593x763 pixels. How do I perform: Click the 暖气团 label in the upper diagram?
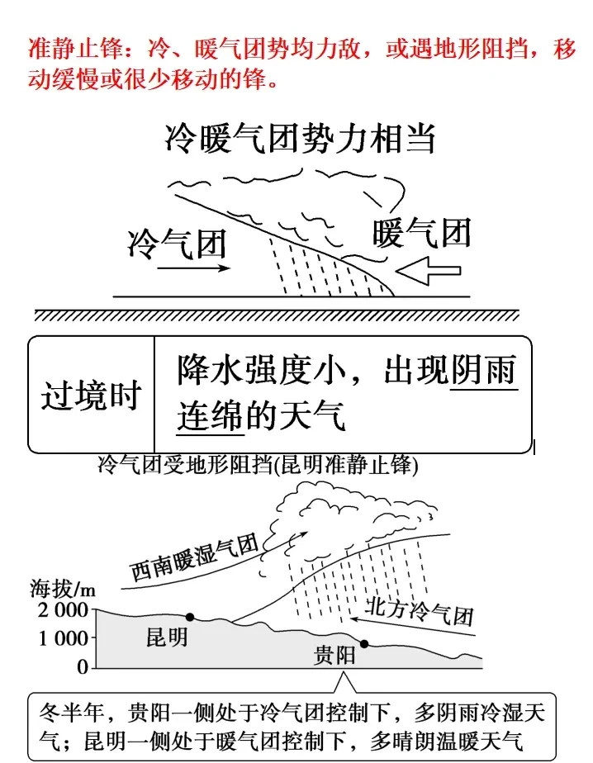[422, 233]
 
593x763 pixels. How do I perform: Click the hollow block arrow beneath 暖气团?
[428, 269]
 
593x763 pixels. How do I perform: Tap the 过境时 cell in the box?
[92, 396]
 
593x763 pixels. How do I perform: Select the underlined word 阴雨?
[484, 372]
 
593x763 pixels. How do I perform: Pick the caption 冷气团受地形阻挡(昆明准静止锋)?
[258, 466]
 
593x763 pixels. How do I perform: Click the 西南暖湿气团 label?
[195, 559]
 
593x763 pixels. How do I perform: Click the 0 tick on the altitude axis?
[82, 665]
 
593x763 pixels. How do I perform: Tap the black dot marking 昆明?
[190, 617]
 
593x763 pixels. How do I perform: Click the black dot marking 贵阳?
[363, 644]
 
